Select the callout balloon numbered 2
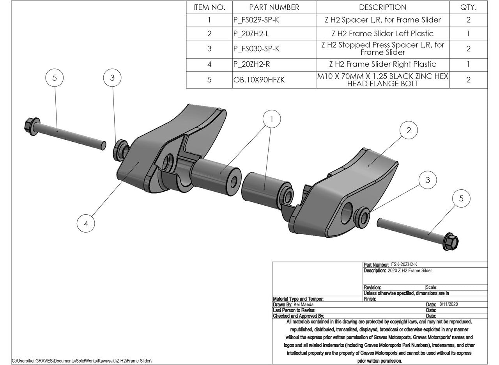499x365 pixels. coord(409,130)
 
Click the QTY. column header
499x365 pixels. coord(468,7)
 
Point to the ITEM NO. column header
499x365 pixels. coord(209,7)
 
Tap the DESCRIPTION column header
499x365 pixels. coord(382,7)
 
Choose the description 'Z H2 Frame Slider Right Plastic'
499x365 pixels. coord(382,64)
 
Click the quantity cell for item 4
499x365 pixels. coord(468,64)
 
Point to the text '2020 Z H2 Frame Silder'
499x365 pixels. coord(410,271)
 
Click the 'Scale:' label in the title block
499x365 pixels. coord(432,287)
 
